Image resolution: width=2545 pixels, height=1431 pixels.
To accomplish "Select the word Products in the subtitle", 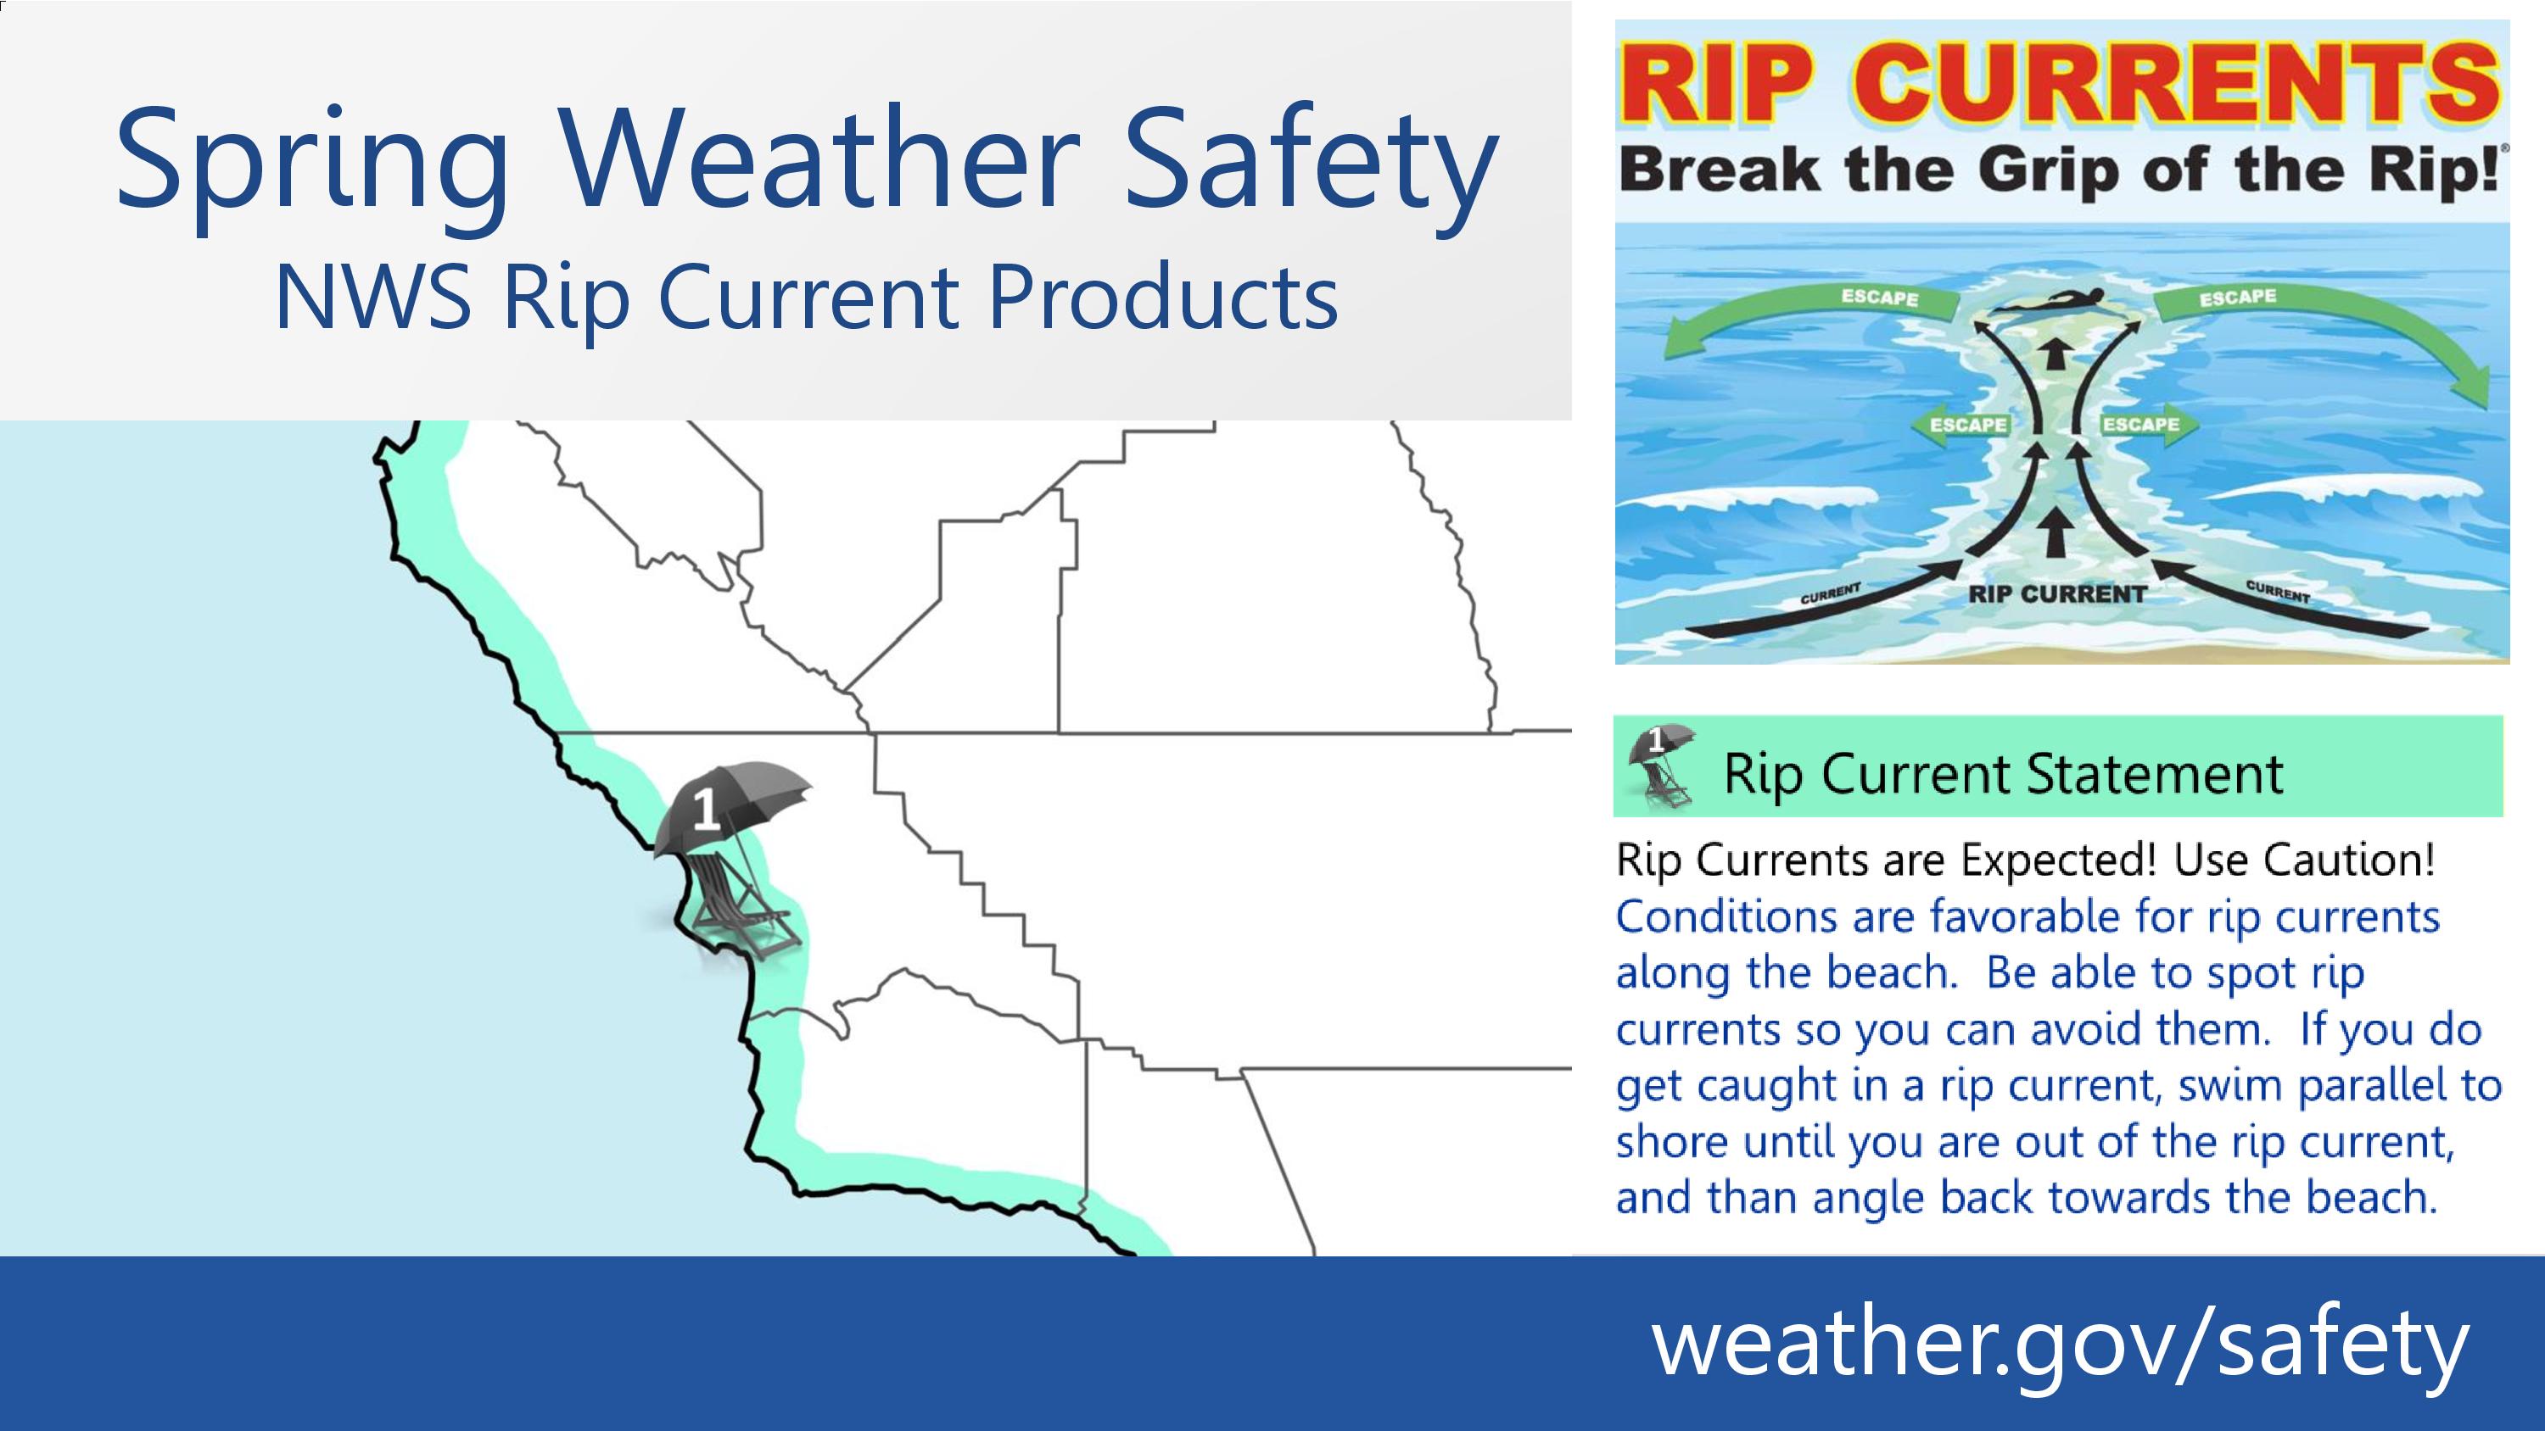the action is click(1163, 298).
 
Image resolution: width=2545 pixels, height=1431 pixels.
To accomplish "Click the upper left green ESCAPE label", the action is click(1880, 298).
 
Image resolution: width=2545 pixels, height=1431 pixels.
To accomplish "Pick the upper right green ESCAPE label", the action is click(2238, 296).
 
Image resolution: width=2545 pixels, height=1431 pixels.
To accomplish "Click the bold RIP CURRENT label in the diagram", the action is click(2058, 594).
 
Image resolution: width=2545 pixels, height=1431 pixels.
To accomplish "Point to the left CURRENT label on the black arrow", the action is click(1830, 593).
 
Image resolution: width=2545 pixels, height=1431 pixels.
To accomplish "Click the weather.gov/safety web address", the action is click(2060, 1343).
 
